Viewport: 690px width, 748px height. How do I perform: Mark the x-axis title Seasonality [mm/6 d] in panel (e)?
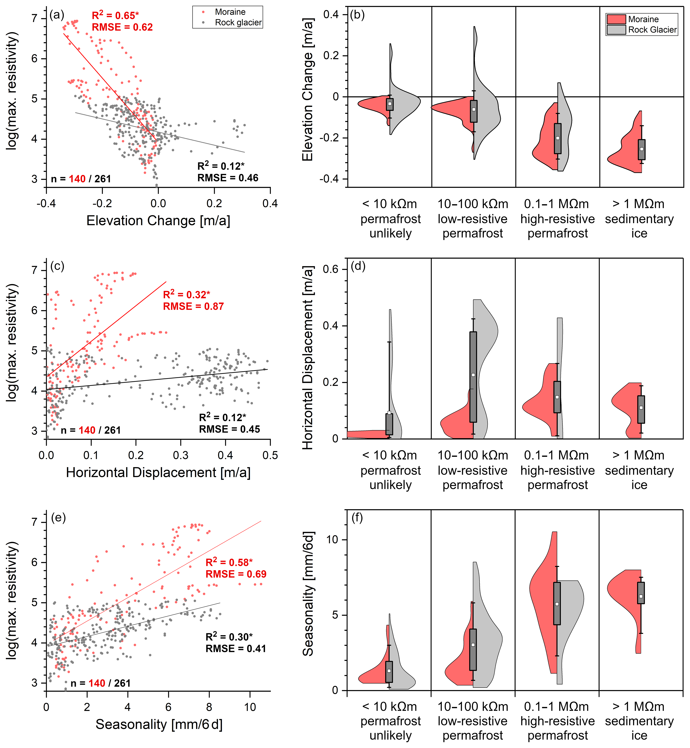(x=159, y=724)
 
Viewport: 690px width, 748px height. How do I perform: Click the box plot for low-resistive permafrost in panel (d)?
(x=473, y=376)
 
